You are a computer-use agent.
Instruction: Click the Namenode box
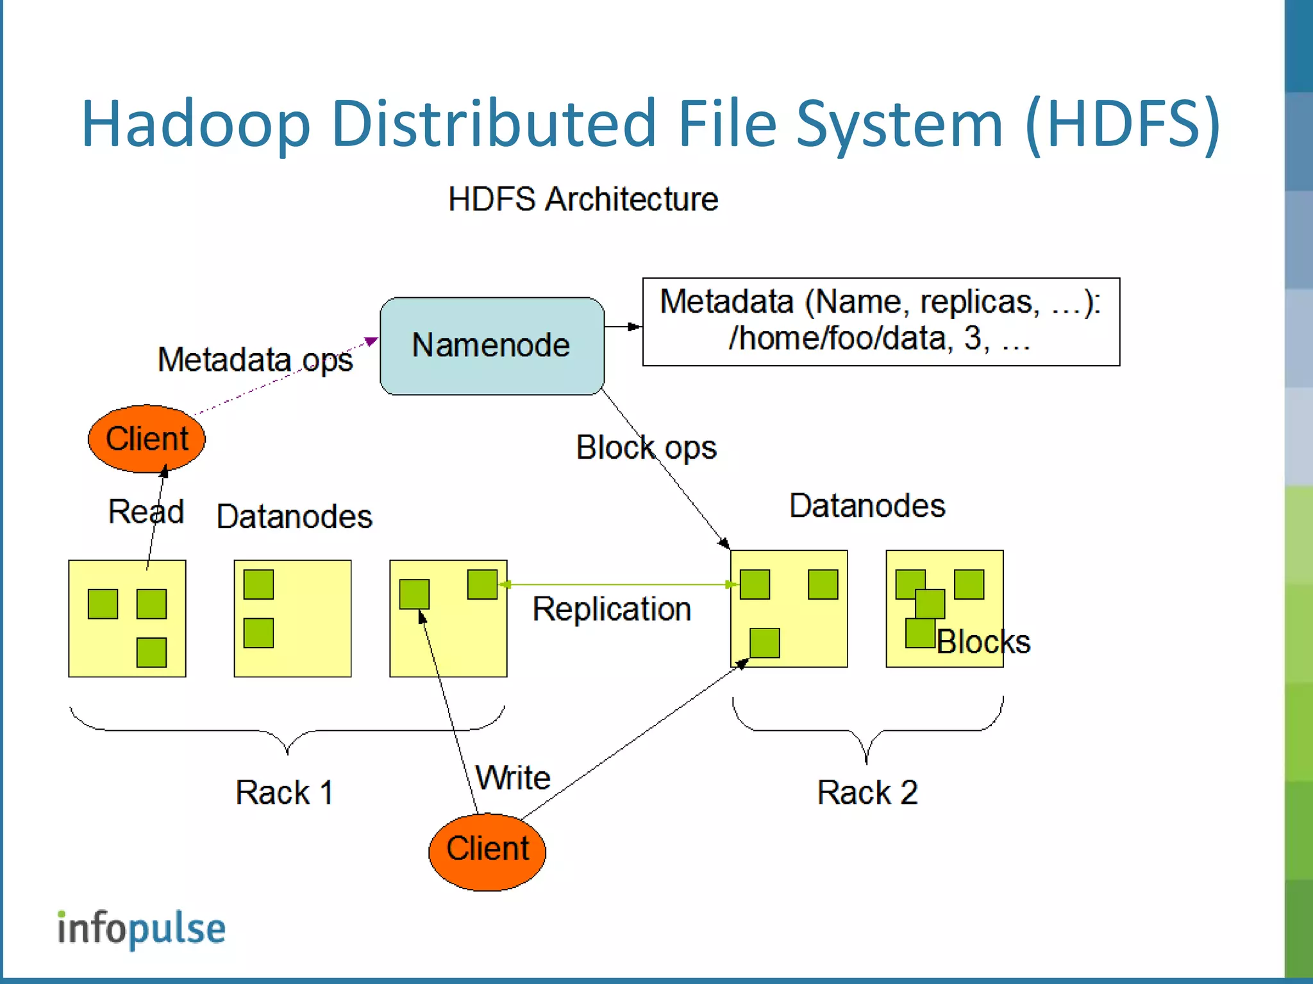[492, 346]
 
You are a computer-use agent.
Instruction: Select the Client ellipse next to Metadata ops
[147, 439]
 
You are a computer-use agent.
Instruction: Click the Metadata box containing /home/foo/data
[880, 322]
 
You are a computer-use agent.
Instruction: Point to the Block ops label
[646, 447]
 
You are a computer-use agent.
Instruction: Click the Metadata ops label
[255, 359]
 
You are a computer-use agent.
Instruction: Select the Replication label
[612, 609]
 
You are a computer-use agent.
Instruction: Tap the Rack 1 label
[284, 792]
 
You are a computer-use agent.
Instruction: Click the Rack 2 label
[867, 792]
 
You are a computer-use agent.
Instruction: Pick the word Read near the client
[146, 511]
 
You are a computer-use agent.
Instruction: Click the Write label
[513, 778]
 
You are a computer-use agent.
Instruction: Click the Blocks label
[983, 642]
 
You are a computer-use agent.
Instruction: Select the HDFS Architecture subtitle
[583, 199]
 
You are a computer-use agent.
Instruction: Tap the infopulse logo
[142, 928]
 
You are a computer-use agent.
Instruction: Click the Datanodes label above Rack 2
[867, 505]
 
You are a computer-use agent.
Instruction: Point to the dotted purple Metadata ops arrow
[282, 379]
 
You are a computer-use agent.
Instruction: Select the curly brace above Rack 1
[287, 730]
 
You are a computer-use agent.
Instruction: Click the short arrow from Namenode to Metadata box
[623, 327]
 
